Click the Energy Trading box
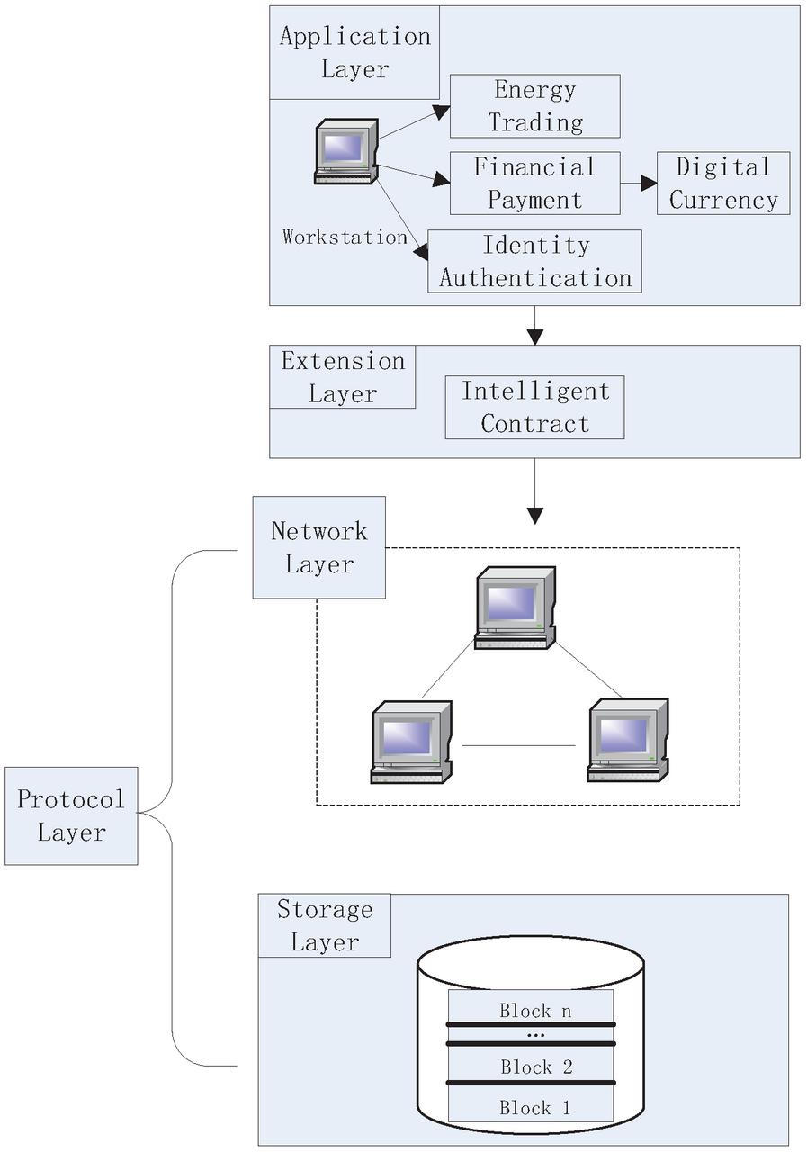534,106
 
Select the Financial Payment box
534,184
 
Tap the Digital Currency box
723,184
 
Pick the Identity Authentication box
534,261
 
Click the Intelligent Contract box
534,408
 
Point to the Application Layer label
354,52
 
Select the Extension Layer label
343,377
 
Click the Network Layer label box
319,547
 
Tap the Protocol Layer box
71,816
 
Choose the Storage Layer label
324,925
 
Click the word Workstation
345,238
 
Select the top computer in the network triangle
515,607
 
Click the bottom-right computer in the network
627,740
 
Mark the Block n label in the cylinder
535,1011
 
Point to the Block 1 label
535,1108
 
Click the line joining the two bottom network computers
518,745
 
